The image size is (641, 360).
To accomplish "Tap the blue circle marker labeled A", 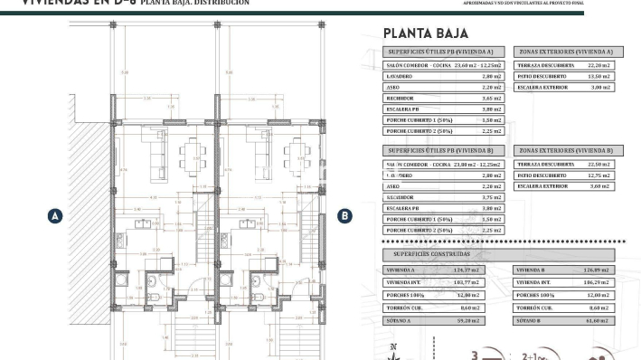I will pyautogui.click(x=55, y=215).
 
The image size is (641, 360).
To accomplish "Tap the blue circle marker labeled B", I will pyautogui.click(x=344, y=215).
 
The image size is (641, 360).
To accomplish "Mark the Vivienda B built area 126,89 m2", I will pyautogui.click(x=595, y=270).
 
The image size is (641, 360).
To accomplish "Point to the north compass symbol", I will pyautogui.click(x=392, y=351).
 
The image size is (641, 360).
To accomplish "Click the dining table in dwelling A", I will pyautogui.click(x=193, y=151).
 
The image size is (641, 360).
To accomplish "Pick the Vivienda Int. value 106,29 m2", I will pyautogui.click(x=595, y=282).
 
